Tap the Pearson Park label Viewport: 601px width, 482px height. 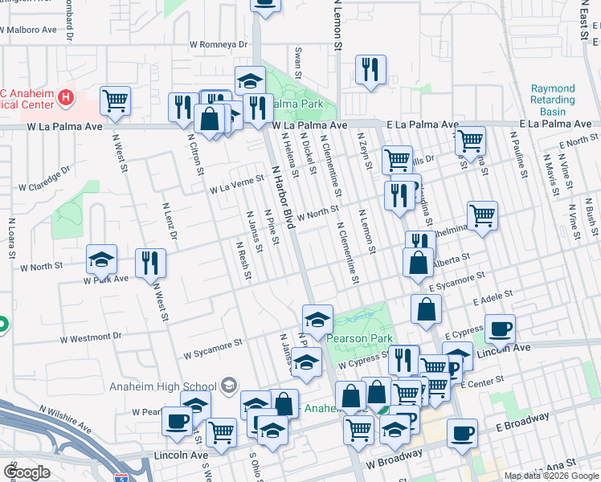pyautogui.click(x=359, y=338)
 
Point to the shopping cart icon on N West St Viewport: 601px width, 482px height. pyautogui.click(x=116, y=101)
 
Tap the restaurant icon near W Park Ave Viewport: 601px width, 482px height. pyautogui.click(x=150, y=262)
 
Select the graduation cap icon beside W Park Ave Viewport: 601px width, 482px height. pyautogui.click(x=102, y=259)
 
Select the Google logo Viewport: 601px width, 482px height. pyautogui.click(x=27, y=472)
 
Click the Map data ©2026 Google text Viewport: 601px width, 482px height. pyautogui.click(x=550, y=476)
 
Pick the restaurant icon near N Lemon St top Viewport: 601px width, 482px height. pyautogui.click(x=370, y=70)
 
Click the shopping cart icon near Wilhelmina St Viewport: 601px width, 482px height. pyautogui.click(x=482, y=214)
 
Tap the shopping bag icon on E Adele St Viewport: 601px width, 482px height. pyautogui.click(x=426, y=308)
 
